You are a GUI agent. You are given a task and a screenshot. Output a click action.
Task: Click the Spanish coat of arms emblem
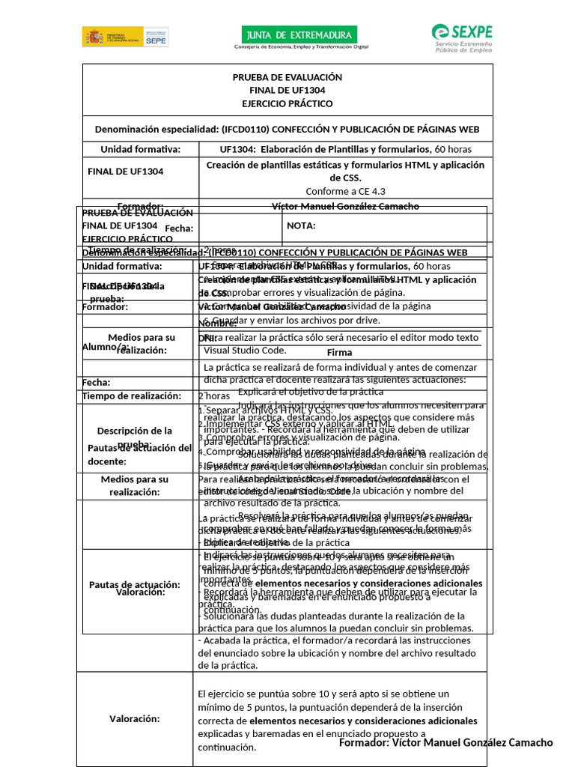pyautogui.click(x=94, y=37)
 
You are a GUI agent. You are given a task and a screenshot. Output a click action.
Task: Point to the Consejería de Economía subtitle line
pyautogui.click(x=302, y=46)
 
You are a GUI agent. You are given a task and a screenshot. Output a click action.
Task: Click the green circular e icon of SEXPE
pyautogui.click(x=442, y=33)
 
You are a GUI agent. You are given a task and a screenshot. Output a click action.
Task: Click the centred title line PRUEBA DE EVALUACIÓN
pyautogui.click(x=287, y=77)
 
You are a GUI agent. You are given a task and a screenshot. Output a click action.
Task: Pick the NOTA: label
pyautogui.click(x=301, y=226)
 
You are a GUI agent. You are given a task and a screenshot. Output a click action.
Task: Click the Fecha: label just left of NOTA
pyautogui.click(x=180, y=228)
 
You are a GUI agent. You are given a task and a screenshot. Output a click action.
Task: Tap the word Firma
pyautogui.click(x=339, y=352)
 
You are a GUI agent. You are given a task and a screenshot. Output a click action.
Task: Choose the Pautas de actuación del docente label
pyautogui.click(x=140, y=454)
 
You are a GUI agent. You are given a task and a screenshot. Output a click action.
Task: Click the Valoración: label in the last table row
pyautogui.click(x=135, y=718)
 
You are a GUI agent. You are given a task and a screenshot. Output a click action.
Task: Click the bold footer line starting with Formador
pyautogui.click(x=445, y=742)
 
